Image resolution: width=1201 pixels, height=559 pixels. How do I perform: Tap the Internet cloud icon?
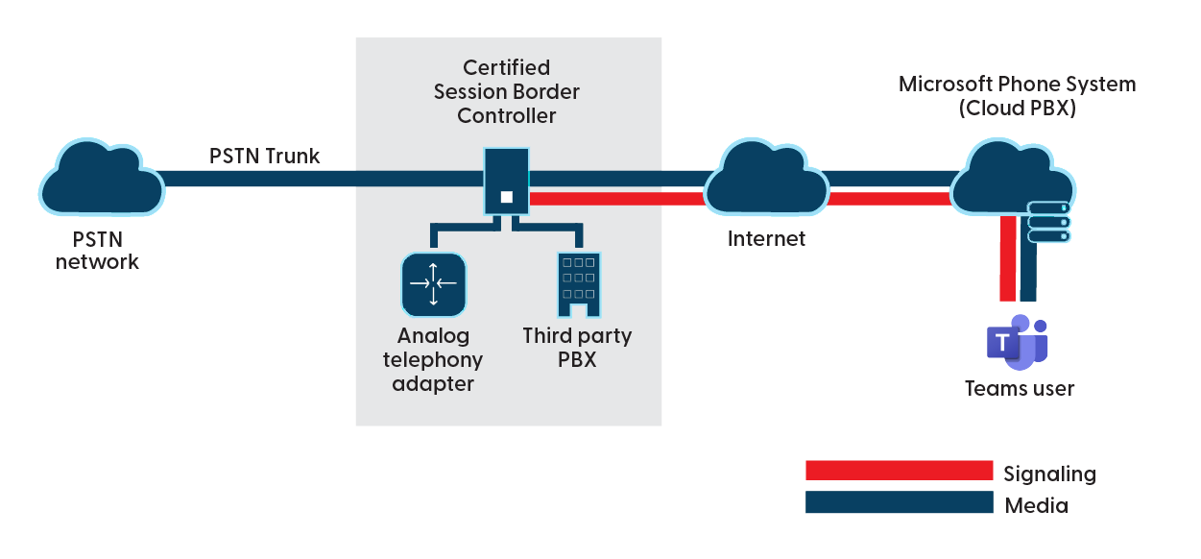pos(766,180)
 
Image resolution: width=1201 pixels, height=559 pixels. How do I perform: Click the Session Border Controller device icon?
pos(506,181)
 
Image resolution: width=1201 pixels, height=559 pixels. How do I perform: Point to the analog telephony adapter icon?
pos(433,284)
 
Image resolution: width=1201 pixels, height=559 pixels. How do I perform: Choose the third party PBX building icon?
pos(578,284)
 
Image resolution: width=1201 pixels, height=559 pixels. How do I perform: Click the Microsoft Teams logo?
pos(1017,342)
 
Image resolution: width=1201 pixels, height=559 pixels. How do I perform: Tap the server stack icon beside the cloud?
pos(1048,222)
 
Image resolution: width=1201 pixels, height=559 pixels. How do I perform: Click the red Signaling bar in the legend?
pos(899,471)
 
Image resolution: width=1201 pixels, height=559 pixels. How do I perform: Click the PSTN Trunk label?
pos(265,156)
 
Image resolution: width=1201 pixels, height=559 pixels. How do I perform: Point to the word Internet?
pos(766,238)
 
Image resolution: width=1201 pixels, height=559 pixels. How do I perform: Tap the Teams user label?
pos(1019,389)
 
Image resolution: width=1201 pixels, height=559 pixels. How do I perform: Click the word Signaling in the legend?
pos(1049,474)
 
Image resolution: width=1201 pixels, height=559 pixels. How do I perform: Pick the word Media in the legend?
pos(1036,505)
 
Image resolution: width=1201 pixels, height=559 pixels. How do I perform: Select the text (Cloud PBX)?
pos(1017,109)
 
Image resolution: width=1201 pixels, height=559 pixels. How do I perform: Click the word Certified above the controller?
pos(506,67)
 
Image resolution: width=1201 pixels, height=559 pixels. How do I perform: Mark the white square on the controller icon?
pos(507,198)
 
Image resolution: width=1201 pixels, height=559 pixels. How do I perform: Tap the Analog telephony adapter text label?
pos(433,360)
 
